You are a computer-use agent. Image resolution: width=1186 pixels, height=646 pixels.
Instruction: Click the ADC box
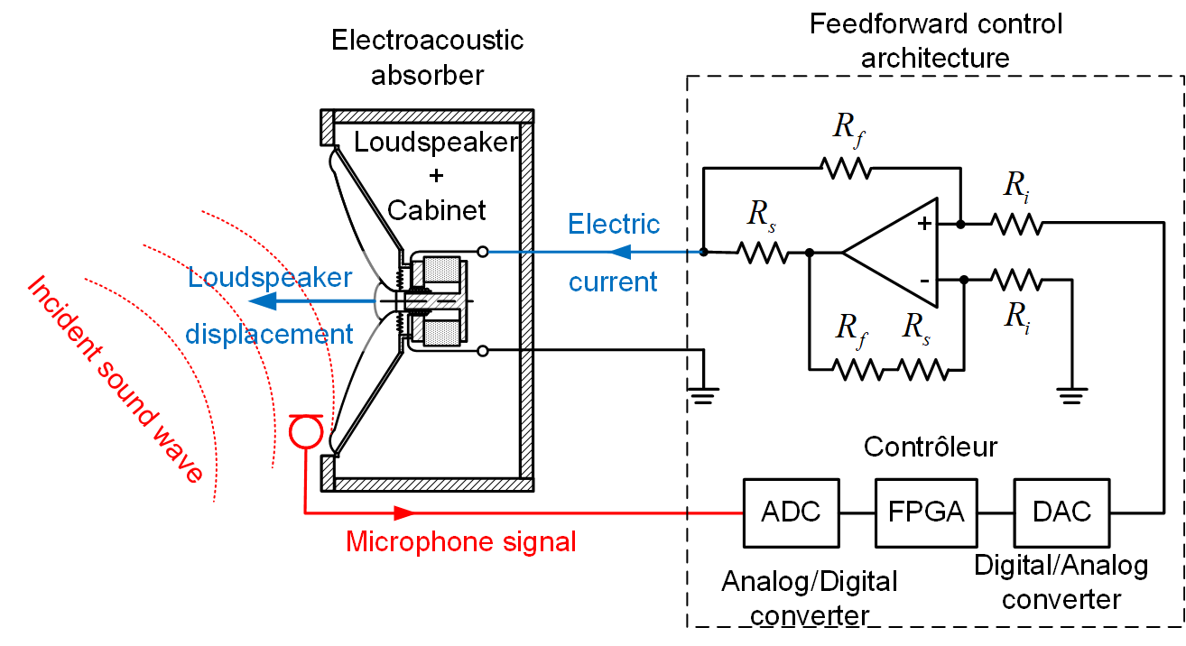click(791, 512)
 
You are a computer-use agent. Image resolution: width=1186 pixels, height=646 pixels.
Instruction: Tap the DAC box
click(1062, 512)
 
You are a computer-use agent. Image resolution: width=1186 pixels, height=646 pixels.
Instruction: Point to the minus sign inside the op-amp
click(924, 281)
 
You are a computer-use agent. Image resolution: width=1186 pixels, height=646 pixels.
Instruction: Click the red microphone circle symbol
click(304, 429)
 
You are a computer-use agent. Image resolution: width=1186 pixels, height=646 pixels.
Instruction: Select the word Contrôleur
click(931, 447)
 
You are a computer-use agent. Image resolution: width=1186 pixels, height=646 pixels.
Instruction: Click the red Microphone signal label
click(461, 541)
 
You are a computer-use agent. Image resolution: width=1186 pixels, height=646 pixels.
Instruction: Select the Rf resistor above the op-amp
click(845, 168)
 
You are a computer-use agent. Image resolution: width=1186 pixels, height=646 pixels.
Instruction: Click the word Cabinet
click(437, 209)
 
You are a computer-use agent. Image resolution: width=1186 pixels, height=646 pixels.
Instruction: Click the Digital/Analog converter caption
click(1061, 582)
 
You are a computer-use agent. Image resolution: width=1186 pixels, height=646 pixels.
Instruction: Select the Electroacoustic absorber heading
click(427, 57)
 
